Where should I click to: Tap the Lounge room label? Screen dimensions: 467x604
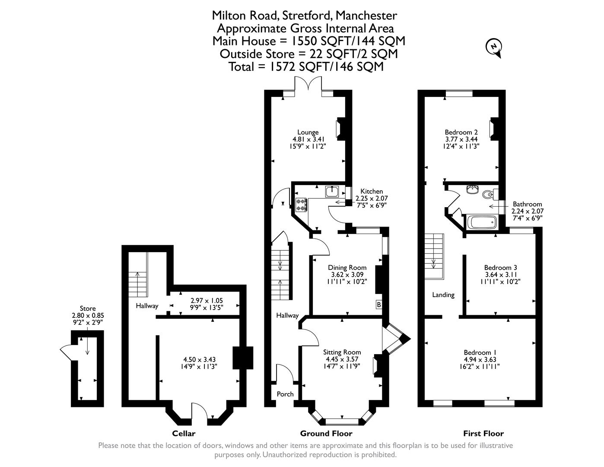point(308,132)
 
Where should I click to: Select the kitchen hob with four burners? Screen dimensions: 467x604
point(301,205)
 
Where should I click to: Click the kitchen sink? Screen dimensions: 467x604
point(333,191)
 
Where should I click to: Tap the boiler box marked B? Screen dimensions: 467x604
point(379,305)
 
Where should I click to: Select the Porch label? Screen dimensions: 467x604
point(285,394)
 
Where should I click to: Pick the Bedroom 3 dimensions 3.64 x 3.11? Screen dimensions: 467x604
point(500,275)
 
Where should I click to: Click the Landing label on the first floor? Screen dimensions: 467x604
point(443,295)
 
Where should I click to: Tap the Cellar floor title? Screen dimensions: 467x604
point(184,433)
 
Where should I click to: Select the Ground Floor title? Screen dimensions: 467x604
point(326,433)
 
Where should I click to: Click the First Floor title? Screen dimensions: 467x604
point(483,433)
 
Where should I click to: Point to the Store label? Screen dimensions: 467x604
point(88,309)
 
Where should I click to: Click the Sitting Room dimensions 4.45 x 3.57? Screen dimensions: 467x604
point(342,359)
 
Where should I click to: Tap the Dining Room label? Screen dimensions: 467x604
point(347,268)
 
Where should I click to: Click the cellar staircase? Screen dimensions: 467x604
point(138,283)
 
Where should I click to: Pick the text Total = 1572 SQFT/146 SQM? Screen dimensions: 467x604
point(305,67)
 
